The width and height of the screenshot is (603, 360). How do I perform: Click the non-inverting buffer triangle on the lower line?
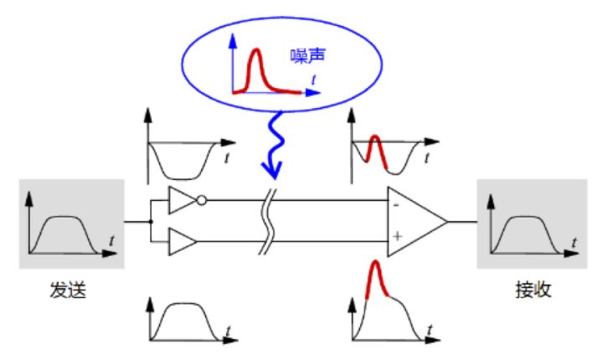click(182, 243)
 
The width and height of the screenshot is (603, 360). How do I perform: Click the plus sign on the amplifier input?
click(396, 238)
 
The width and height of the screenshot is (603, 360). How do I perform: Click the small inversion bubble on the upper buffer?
click(202, 201)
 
